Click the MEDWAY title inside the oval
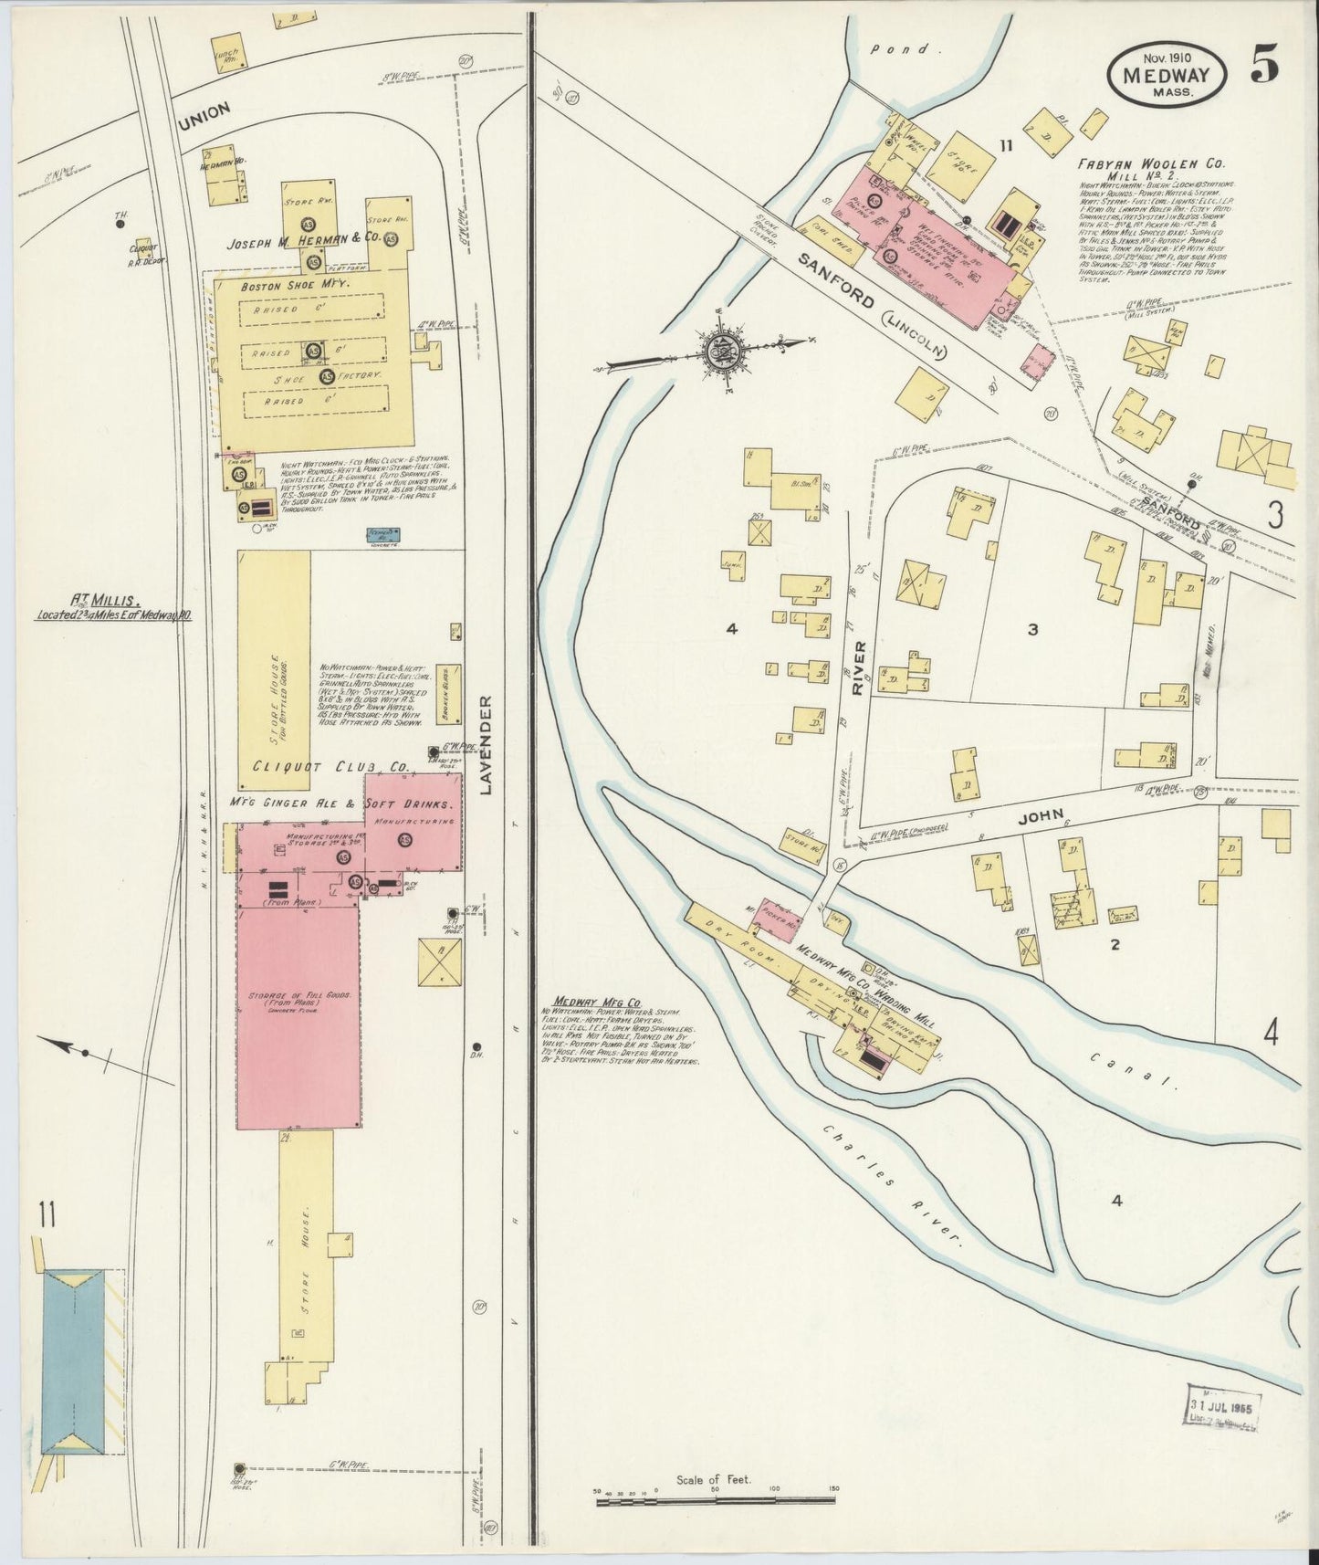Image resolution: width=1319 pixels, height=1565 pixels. pos(1167,76)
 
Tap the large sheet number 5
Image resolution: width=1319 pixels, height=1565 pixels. pos(1264,64)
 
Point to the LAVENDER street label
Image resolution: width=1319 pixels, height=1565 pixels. pos(486,744)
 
